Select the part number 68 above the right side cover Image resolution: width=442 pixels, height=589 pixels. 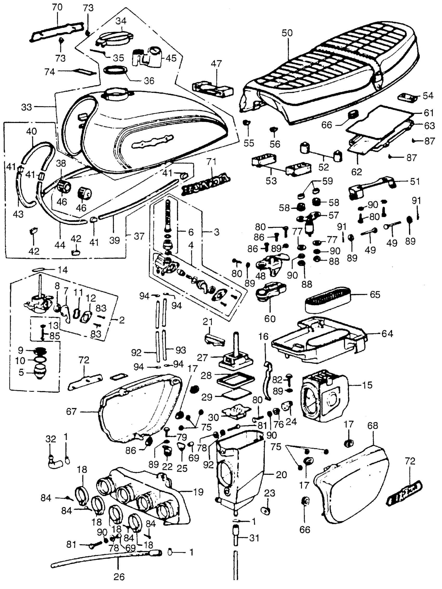372,426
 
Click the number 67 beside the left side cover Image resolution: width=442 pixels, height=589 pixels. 71,412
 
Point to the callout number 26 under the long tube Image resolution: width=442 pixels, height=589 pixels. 119,577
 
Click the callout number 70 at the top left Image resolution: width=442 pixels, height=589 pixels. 57,7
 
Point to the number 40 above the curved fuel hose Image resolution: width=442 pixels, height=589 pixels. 32,131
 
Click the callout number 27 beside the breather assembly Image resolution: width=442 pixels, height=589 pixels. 203,357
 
